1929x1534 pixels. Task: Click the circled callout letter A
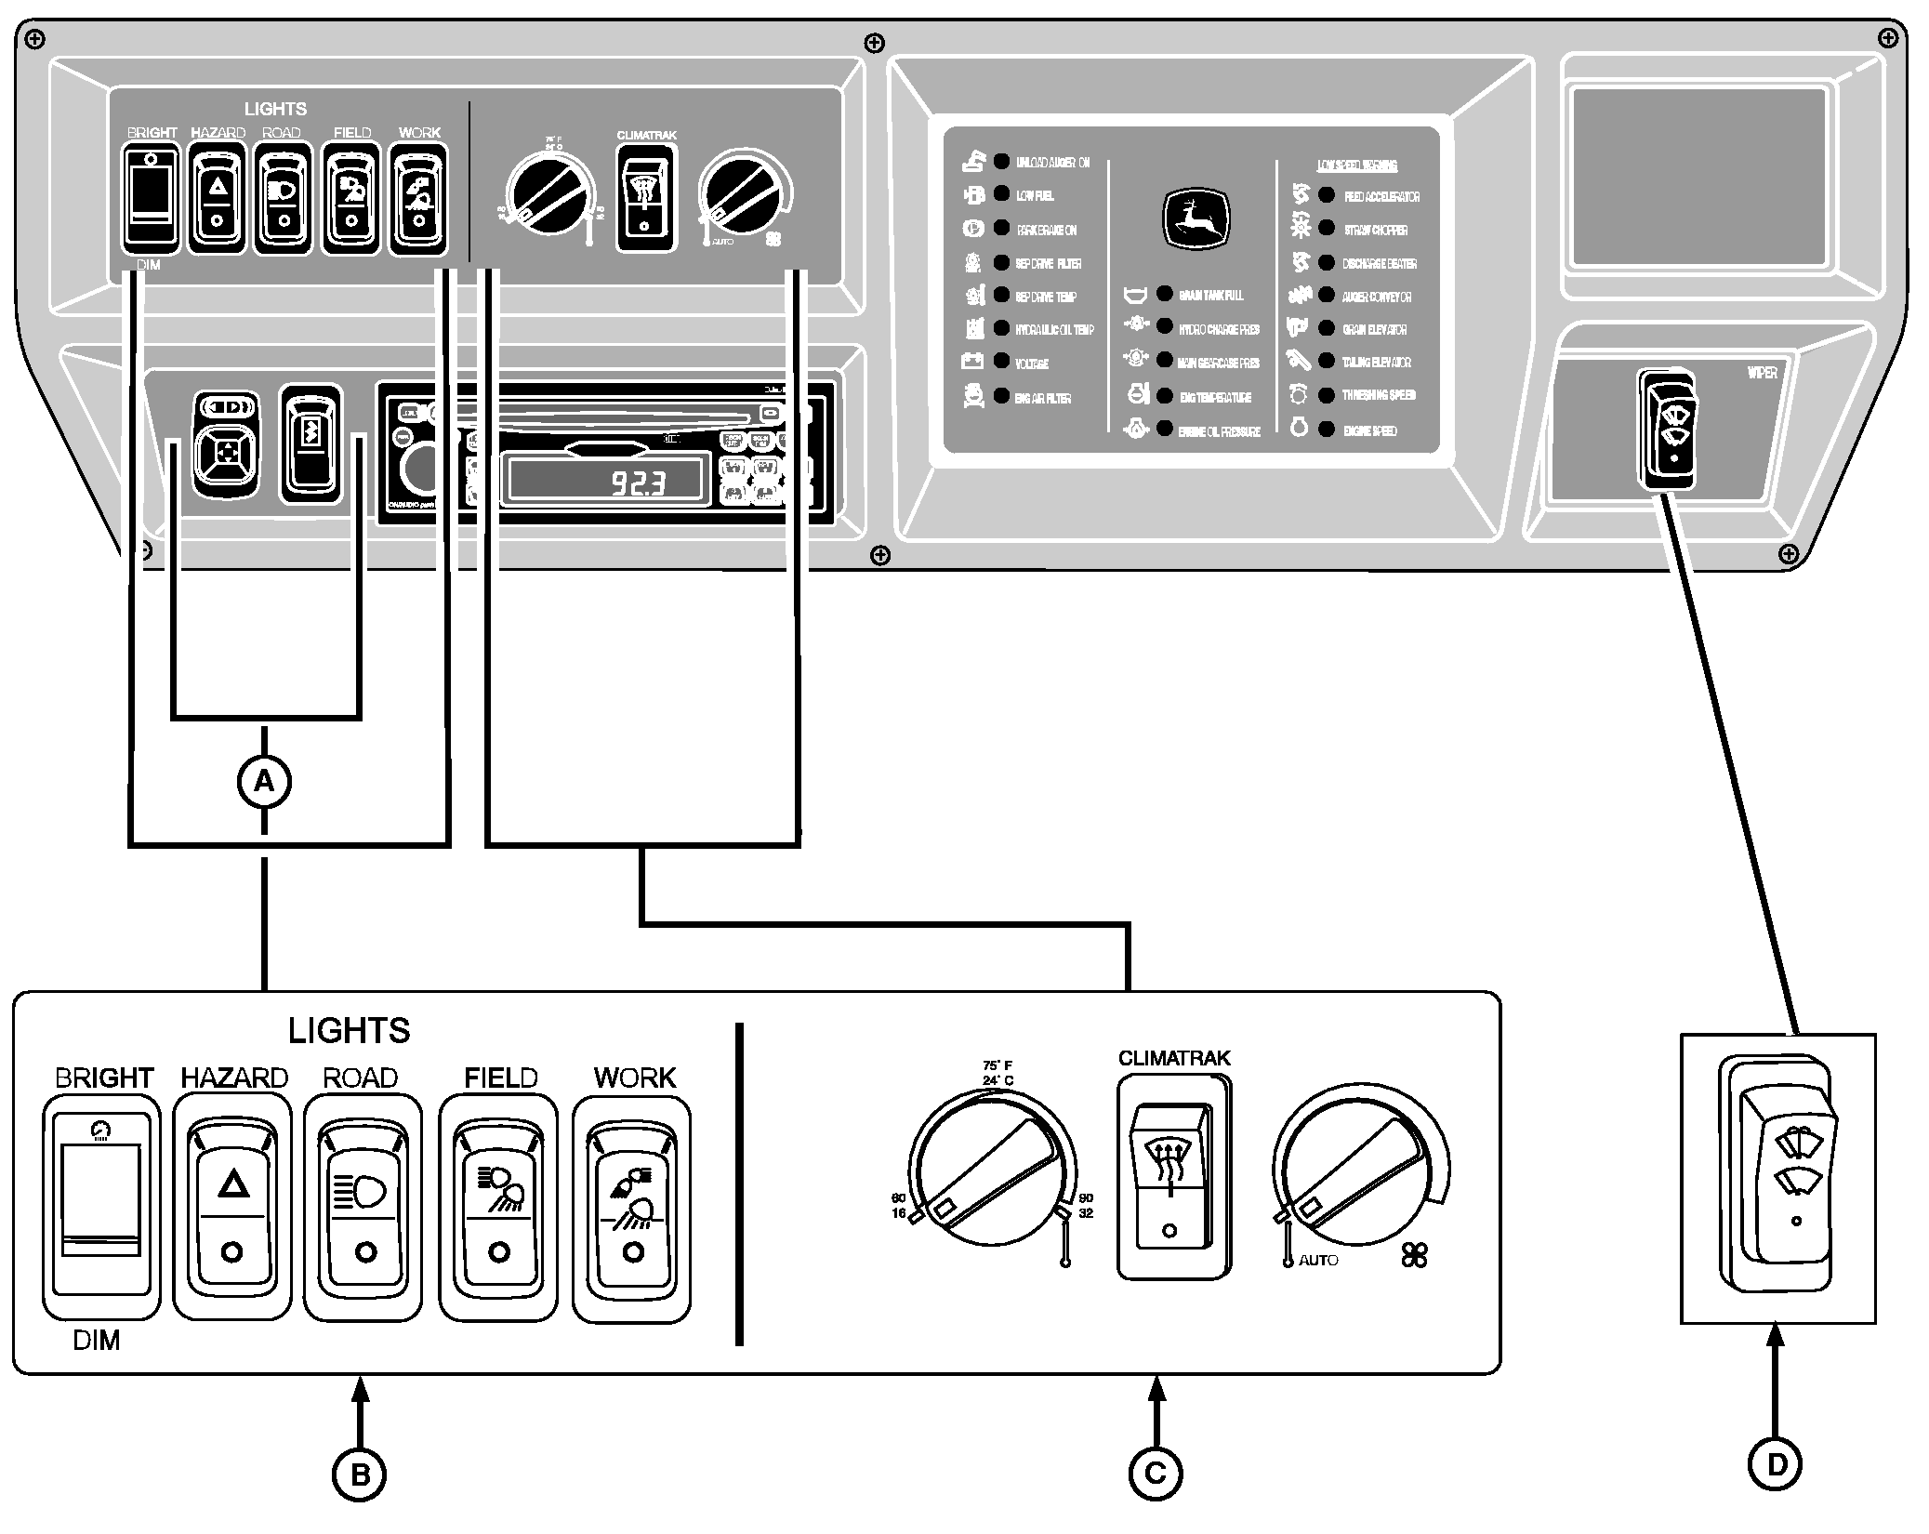(265, 782)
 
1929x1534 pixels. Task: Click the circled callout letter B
(359, 1474)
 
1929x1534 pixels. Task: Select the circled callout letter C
(1156, 1473)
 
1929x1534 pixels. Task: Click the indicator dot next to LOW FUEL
(1001, 194)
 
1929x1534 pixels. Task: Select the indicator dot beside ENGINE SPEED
(1327, 430)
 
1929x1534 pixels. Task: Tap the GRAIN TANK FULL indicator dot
(1164, 294)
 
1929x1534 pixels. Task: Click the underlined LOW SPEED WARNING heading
(1356, 165)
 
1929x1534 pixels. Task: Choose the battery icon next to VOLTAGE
(972, 361)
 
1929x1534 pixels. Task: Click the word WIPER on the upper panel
(1762, 373)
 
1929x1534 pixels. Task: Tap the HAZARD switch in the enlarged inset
(232, 1207)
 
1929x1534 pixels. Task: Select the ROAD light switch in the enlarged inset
(363, 1207)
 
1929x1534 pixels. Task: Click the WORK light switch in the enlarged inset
(632, 1209)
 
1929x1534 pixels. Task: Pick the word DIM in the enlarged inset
(96, 1341)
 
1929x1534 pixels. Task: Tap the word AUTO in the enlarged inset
(1318, 1261)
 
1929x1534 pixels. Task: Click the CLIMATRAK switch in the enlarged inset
(1174, 1177)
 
